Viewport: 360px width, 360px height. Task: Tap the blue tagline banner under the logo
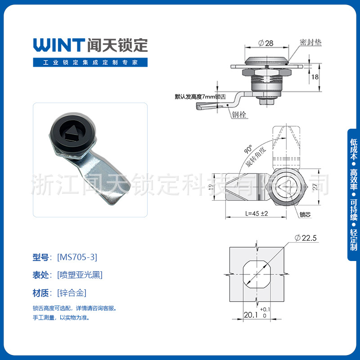point(90,63)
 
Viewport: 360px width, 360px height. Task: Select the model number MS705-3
point(77,257)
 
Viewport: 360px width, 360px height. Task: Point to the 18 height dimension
point(315,77)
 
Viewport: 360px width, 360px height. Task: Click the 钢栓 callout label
point(238,114)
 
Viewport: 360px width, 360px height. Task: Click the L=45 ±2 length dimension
point(257,214)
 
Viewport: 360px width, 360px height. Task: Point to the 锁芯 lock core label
point(305,215)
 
